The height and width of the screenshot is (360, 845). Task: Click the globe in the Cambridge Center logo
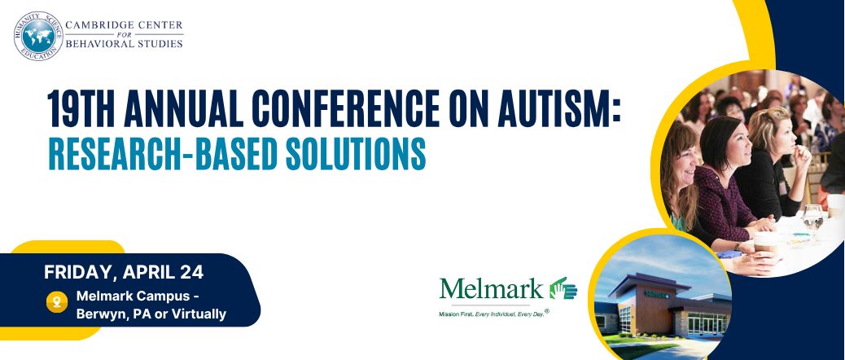click(37, 37)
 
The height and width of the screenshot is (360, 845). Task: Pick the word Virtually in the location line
click(196, 314)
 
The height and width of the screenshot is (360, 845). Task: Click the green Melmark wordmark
click(491, 288)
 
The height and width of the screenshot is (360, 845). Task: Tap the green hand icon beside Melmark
click(562, 288)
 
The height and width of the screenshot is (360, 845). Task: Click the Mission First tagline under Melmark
click(491, 312)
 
